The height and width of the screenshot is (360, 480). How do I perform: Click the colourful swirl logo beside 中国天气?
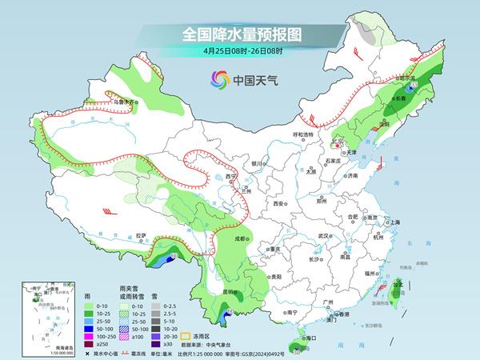click(x=219, y=79)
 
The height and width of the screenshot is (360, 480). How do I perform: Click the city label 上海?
click(x=395, y=222)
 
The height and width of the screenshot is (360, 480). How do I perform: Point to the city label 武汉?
click(x=324, y=236)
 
